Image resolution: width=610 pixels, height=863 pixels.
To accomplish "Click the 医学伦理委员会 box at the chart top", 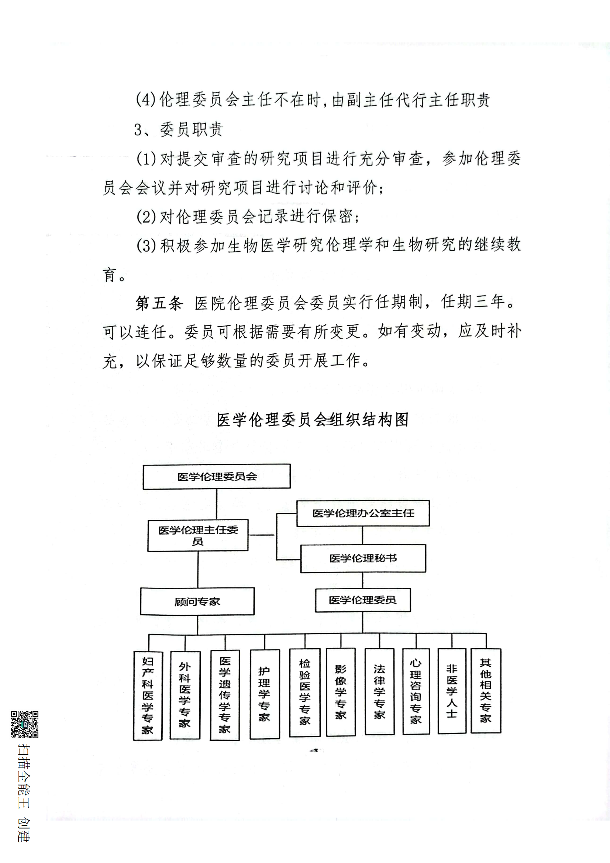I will [217, 477].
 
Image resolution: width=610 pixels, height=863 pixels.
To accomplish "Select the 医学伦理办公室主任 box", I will [363, 513].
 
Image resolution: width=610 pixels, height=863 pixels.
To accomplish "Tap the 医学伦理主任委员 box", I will [198, 536].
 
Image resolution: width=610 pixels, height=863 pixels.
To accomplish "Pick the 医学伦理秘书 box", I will [363, 558].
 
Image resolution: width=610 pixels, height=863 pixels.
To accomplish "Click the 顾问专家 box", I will [197, 601].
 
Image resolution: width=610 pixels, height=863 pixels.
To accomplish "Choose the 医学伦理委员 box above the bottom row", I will [362, 600].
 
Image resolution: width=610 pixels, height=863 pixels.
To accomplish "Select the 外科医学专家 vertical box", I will [185, 695].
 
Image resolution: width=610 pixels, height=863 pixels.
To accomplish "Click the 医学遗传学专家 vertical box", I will [224, 695].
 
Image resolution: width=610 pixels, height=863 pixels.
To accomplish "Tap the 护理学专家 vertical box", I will [264, 694].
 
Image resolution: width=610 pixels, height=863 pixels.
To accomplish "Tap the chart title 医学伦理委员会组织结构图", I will [313, 420].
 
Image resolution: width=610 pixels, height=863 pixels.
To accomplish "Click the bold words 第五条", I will [159, 303].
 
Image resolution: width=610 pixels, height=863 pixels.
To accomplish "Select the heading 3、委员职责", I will [179, 130].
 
